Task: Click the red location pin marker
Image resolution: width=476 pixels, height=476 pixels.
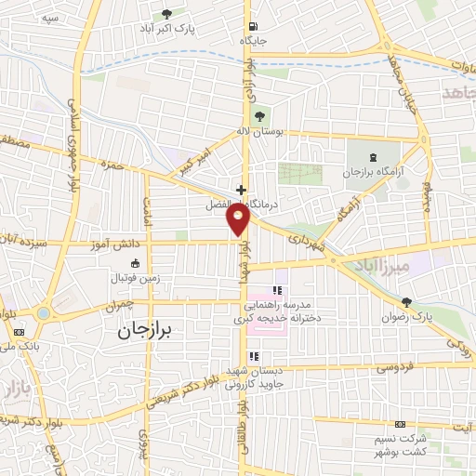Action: (x=239, y=218)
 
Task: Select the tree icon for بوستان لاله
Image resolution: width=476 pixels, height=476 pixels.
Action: (x=260, y=115)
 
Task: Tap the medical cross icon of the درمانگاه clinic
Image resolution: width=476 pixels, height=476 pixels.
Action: (x=241, y=188)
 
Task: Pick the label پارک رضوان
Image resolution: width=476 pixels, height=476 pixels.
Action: (x=410, y=317)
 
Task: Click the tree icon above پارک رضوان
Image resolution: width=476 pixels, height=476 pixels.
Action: (x=406, y=302)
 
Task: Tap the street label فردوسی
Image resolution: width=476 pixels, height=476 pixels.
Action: (x=395, y=368)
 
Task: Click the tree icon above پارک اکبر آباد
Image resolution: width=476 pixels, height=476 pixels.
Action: (x=167, y=13)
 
